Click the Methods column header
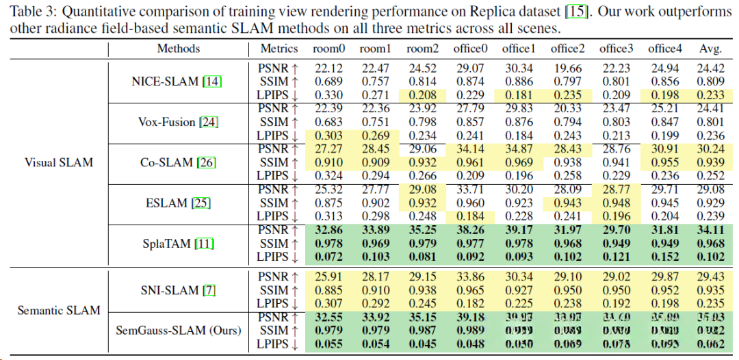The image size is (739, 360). (x=179, y=49)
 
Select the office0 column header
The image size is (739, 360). (x=470, y=49)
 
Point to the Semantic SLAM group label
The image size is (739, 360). (x=59, y=310)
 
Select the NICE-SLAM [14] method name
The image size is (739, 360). (x=176, y=81)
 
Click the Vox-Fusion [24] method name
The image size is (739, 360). (x=176, y=122)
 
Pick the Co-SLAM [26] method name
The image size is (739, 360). (x=177, y=163)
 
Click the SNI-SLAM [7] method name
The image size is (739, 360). (x=177, y=290)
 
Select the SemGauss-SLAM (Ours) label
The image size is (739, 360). (x=179, y=331)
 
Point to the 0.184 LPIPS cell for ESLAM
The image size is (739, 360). (x=470, y=216)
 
